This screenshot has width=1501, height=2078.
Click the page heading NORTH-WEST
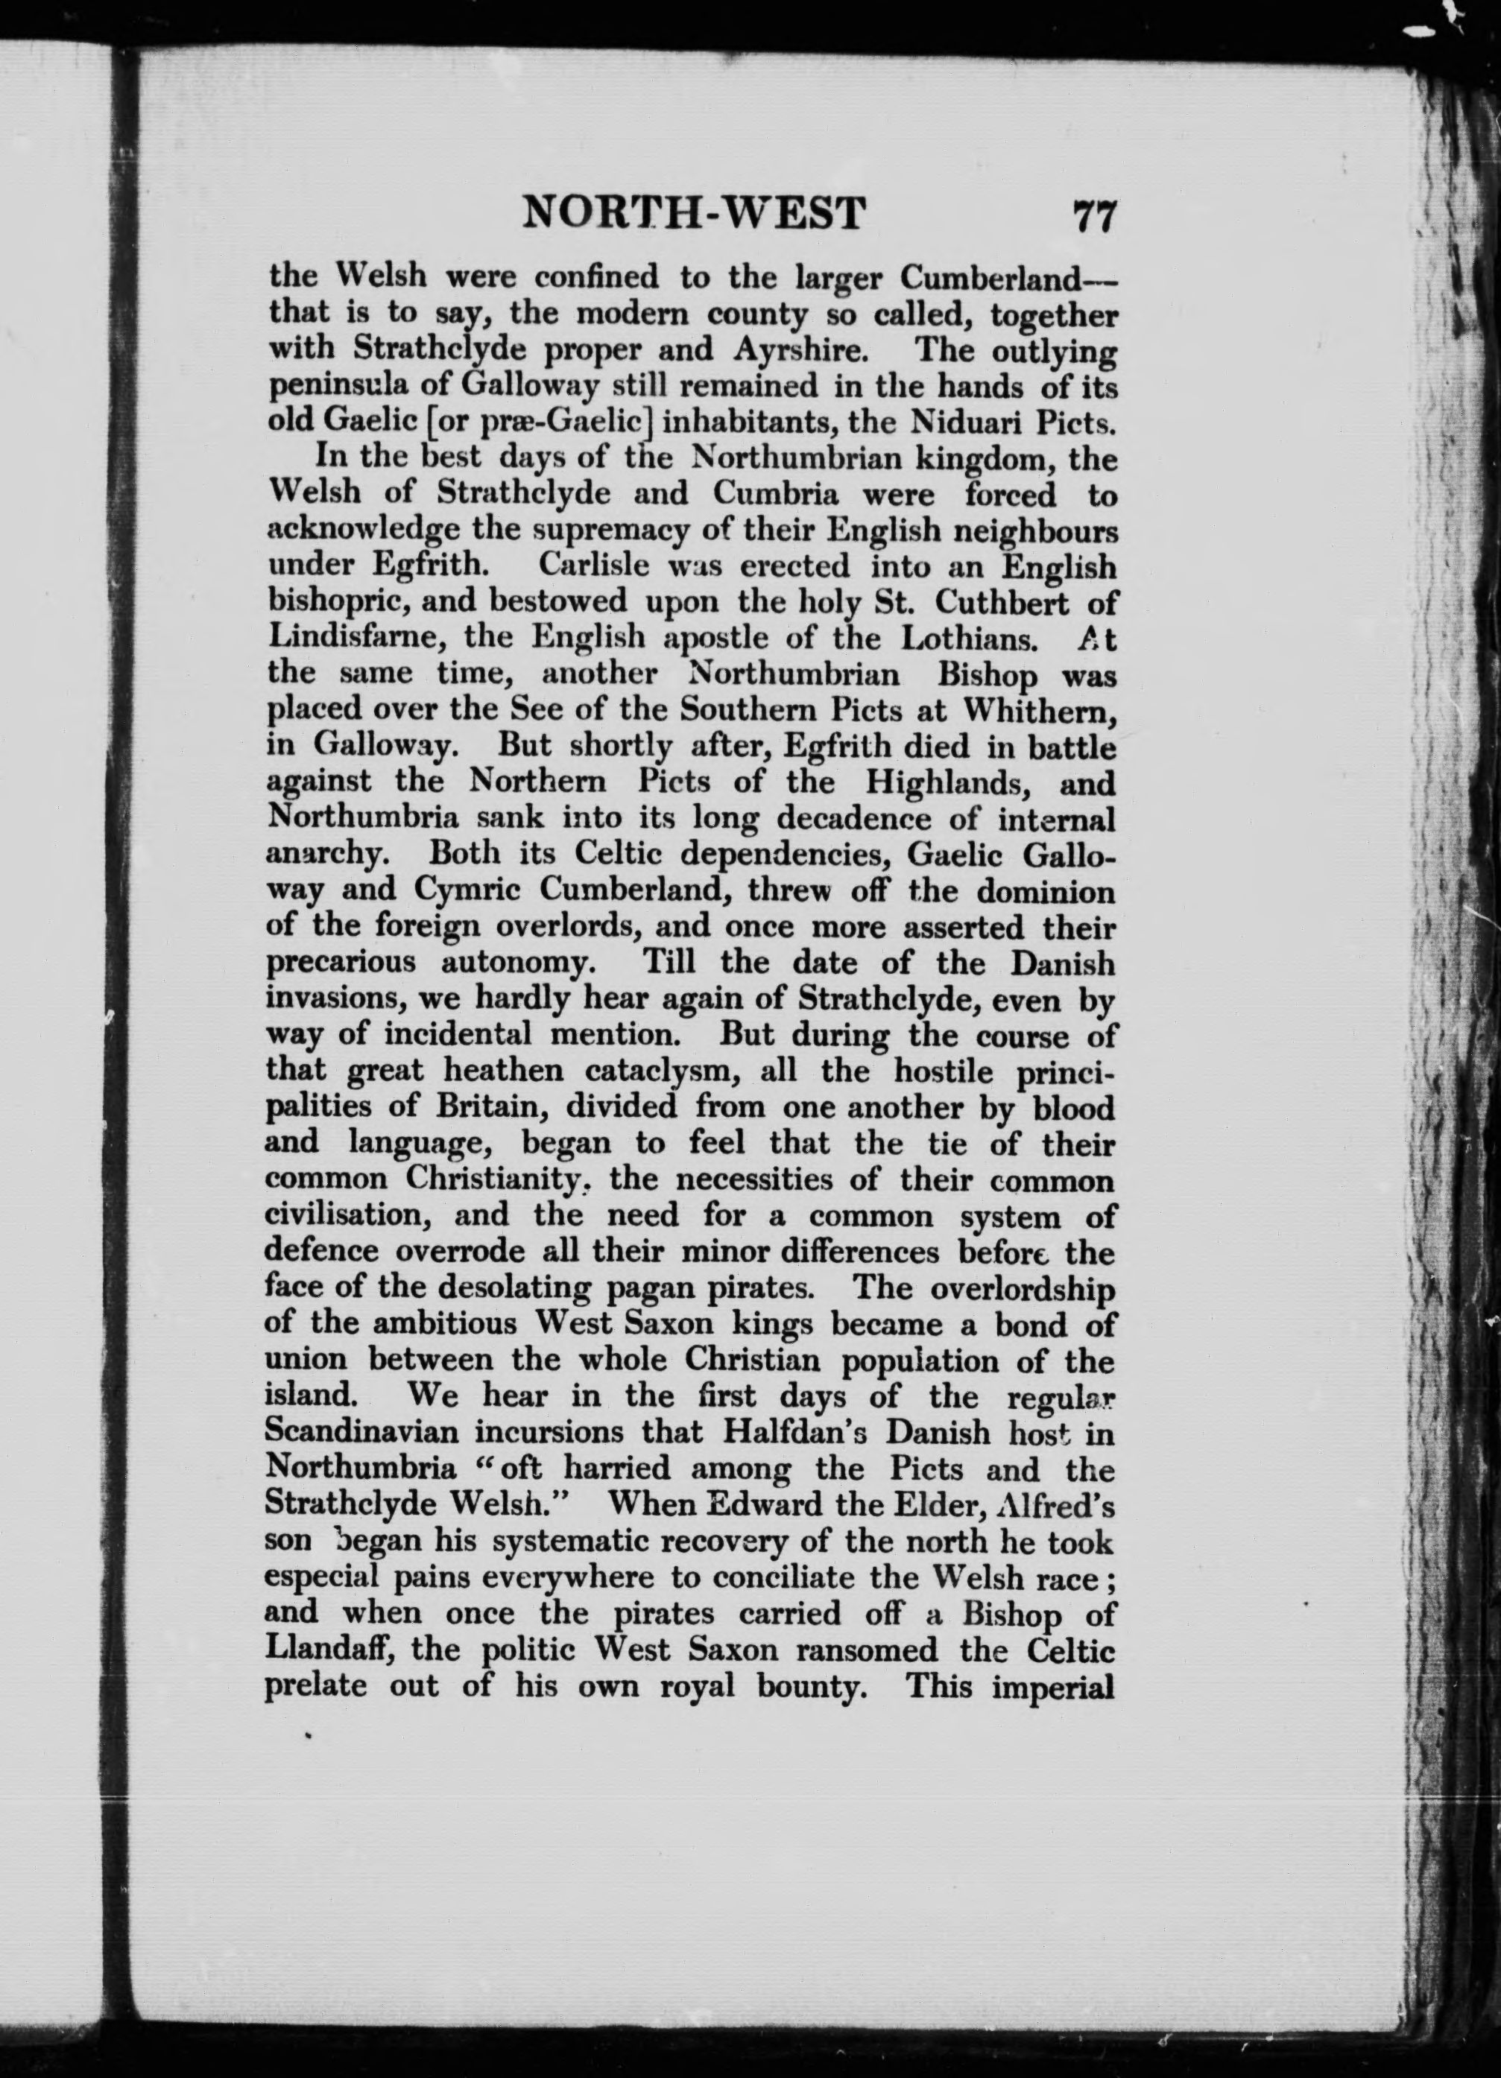coord(694,214)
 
